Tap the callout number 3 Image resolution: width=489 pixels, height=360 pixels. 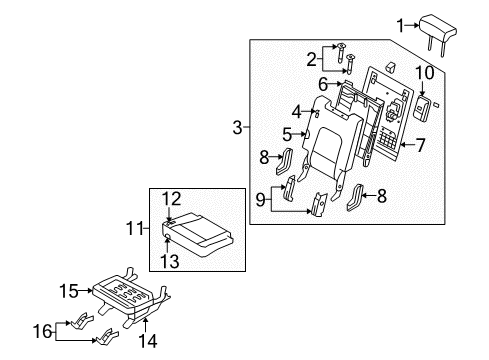(x=237, y=127)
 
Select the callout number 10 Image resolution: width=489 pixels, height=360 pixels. (x=424, y=73)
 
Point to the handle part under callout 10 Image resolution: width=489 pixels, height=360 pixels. (x=422, y=107)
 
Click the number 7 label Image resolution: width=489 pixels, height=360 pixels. (x=421, y=145)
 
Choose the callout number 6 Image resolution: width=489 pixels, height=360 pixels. (x=323, y=84)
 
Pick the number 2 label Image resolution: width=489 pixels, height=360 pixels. (x=311, y=60)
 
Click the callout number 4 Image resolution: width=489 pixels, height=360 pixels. (x=296, y=112)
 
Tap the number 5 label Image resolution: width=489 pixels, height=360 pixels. (x=287, y=135)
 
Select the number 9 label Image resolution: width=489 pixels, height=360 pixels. (x=260, y=200)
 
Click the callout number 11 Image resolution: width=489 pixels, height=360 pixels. (x=134, y=229)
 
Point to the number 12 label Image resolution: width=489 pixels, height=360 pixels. (x=171, y=199)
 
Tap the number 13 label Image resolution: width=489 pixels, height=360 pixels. (x=170, y=261)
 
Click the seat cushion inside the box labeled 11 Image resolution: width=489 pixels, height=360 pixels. (x=198, y=235)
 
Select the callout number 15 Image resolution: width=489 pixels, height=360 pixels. (x=69, y=291)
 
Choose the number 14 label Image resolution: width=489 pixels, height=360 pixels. (x=147, y=341)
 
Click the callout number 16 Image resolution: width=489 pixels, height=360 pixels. (x=43, y=331)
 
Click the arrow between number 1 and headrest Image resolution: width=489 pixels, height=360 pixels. (x=413, y=25)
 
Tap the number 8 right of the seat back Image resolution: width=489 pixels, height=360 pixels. (x=382, y=196)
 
